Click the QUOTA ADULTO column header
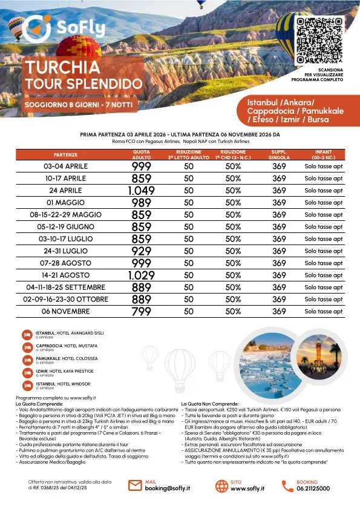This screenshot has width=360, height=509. (141, 154)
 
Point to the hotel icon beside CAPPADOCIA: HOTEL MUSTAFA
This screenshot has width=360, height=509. (27, 347)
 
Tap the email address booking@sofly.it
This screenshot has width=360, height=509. (166, 488)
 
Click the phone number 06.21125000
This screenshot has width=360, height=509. (313, 488)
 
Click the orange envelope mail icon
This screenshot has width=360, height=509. (136, 485)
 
